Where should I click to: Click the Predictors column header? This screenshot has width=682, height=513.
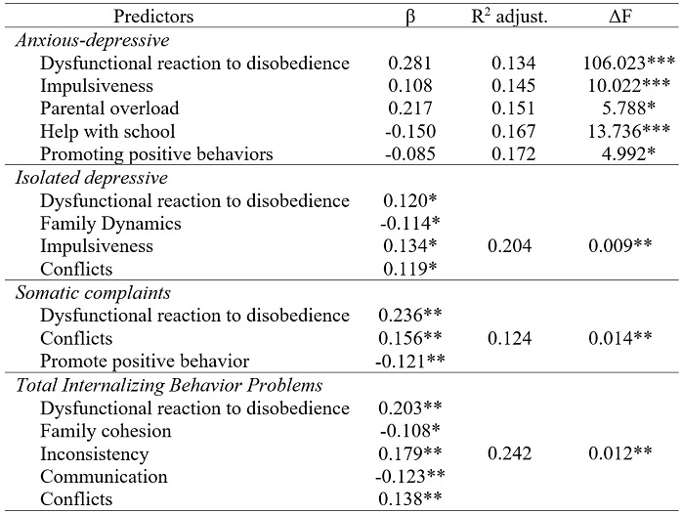153,17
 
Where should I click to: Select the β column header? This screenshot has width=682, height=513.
410,17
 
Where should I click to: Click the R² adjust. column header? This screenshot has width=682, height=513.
508,17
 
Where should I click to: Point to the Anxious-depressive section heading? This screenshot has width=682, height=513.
92,40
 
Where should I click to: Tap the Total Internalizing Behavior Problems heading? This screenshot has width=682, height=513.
168,385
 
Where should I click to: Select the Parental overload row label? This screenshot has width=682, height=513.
110,108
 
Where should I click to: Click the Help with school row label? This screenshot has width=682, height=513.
107,131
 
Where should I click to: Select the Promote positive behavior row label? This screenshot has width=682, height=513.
145,362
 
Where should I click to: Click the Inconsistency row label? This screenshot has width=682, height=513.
95,453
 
